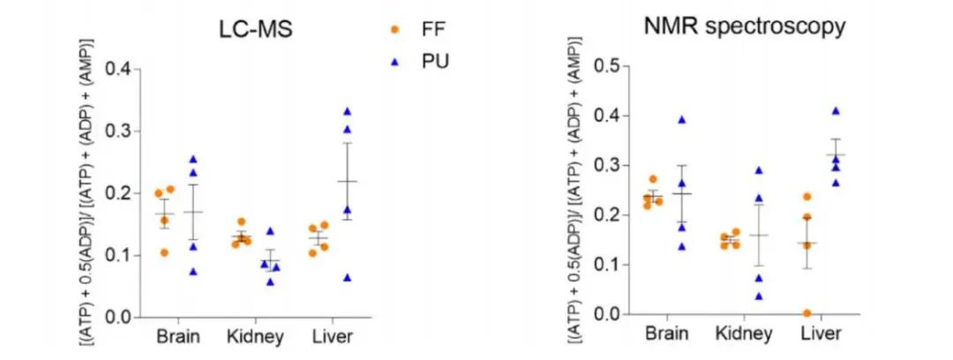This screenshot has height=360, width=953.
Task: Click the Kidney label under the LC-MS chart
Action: click(254, 337)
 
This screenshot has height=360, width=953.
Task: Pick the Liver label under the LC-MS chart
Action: click(334, 337)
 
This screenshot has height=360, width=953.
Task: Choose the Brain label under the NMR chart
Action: click(666, 334)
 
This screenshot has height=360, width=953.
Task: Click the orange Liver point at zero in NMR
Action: click(806, 312)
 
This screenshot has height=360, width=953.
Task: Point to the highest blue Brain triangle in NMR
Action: click(682, 119)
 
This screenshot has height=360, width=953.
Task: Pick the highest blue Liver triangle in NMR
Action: click(836, 110)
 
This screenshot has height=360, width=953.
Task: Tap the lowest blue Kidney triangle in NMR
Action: click(759, 296)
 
